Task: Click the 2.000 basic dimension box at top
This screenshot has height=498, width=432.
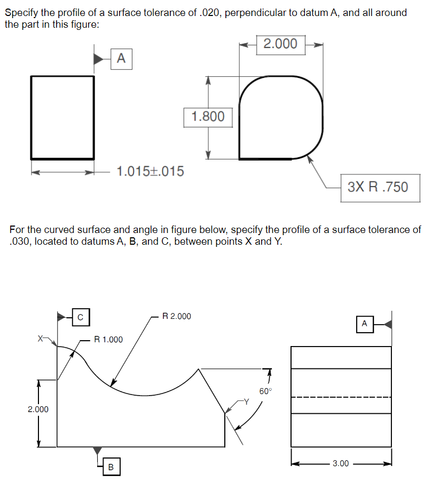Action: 281,44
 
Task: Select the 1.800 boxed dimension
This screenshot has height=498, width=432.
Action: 208,116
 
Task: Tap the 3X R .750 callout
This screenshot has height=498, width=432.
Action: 378,187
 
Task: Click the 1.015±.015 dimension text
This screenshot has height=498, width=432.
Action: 150,172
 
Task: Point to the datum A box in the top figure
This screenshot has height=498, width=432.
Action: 121,58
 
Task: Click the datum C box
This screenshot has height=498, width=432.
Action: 80,316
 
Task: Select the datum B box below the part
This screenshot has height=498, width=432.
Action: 111,467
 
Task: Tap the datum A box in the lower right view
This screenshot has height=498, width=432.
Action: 364,324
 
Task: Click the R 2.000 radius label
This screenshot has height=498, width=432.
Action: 177,316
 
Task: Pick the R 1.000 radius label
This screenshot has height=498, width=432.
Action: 108,339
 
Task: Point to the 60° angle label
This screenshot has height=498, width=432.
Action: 265,391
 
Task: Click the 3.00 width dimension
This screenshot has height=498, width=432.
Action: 341,463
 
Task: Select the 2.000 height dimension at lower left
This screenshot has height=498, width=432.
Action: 38,409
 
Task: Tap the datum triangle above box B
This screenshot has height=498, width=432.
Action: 97,451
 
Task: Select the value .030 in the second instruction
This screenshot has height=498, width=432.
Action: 20,241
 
